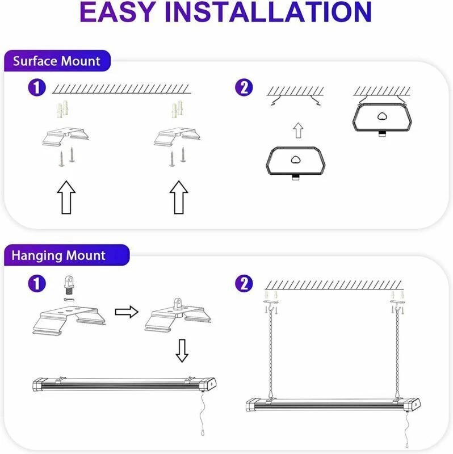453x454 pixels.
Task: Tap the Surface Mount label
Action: [x=57, y=61]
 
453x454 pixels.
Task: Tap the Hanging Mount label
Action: [x=58, y=255]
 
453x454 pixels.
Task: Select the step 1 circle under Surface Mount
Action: [x=37, y=87]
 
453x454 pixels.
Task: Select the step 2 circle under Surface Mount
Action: [x=244, y=87]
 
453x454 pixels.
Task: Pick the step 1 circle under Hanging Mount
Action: [x=37, y=283]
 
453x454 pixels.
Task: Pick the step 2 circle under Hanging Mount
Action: [x=244, y=283]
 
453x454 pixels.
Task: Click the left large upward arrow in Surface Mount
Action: [x=66, y=197]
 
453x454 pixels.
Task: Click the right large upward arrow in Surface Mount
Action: [x=179, y=197]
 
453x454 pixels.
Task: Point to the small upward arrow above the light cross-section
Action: [x=299, y=131]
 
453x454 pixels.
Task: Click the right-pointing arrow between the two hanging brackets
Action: [x=127, y=312]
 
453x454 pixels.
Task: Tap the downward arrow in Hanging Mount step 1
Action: [x=182, y=351]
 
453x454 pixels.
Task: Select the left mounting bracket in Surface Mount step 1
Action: [x=66, y=136]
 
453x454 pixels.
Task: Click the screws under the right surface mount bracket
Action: [x=178, y=157]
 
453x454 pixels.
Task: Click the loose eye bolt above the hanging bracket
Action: [x=69, y=285]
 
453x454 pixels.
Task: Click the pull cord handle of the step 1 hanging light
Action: [x=203, y=432]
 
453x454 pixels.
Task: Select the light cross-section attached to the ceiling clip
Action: [x=382, y=117]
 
